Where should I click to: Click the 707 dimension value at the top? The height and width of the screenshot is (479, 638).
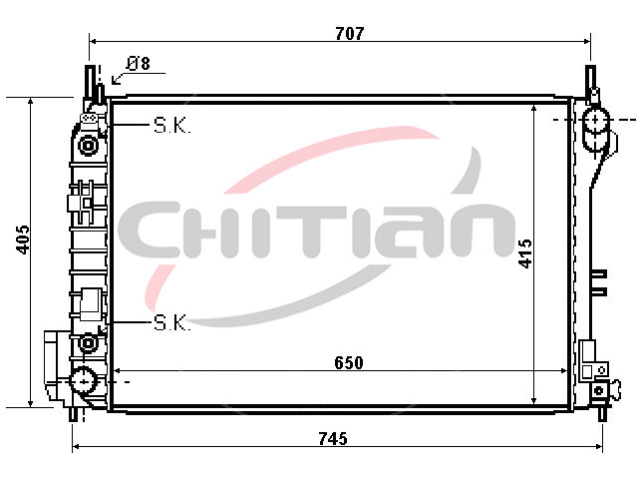[x=350, y=33]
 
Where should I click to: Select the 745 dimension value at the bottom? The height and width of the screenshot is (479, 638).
[x=333, y=439]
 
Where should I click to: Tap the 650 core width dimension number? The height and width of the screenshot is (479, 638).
[x=349, y=362]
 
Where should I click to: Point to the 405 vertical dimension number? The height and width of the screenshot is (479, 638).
[x=23, y=239]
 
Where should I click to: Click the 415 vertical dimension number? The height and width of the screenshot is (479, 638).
[x=525, y=253]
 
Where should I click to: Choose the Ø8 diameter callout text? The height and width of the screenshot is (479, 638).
[x=138, y=63]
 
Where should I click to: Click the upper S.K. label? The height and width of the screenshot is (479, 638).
[x=172, y=126]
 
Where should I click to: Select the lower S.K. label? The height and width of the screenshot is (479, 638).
[x=172, y=322]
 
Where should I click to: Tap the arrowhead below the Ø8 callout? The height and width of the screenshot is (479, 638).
[x=116, y=81]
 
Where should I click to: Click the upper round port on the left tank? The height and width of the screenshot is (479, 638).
[x=88, y=146]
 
